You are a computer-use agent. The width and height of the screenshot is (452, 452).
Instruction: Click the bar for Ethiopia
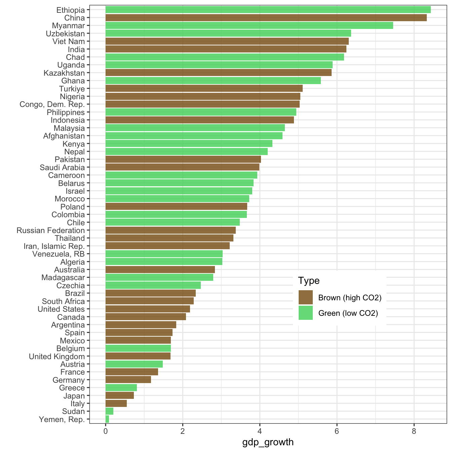268,10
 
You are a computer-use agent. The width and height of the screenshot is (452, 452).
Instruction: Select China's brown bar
266,18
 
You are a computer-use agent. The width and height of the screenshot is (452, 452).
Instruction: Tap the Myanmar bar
249,26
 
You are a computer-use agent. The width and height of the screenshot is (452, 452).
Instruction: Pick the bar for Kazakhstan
219,73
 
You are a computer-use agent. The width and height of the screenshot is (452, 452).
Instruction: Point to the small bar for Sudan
109,411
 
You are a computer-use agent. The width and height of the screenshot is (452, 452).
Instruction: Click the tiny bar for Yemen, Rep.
107,419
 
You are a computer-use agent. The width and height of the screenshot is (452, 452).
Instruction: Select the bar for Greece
121,388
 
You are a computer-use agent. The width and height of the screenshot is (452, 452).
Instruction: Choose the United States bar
148,309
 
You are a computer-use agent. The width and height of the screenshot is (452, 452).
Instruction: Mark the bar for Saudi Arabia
182,167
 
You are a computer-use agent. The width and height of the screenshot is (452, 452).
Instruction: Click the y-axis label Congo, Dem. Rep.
52,104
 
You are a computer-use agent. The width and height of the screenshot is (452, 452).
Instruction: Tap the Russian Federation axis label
51,230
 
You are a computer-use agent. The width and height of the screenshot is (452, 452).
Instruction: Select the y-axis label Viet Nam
69,41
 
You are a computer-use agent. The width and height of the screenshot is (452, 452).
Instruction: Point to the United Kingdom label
57,356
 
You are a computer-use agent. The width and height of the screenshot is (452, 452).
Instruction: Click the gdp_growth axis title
268,442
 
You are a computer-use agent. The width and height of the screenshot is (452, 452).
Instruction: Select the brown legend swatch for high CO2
305,298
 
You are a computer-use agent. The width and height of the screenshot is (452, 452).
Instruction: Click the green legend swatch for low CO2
305,313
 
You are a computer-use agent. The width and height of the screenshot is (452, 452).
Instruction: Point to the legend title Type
309,280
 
